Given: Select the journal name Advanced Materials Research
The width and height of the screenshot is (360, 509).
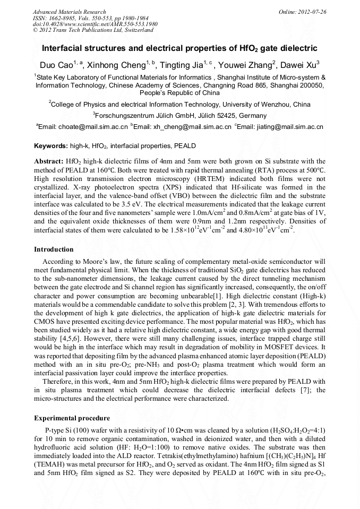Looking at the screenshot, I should coord(69,12).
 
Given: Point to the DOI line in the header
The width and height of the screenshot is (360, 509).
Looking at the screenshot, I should coord(95,24).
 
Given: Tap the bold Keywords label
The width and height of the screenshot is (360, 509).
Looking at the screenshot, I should coord(51,145).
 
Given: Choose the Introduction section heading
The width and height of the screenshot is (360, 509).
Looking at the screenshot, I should coord(54,249).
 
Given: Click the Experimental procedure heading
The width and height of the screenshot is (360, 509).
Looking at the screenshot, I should coord(72,418).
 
